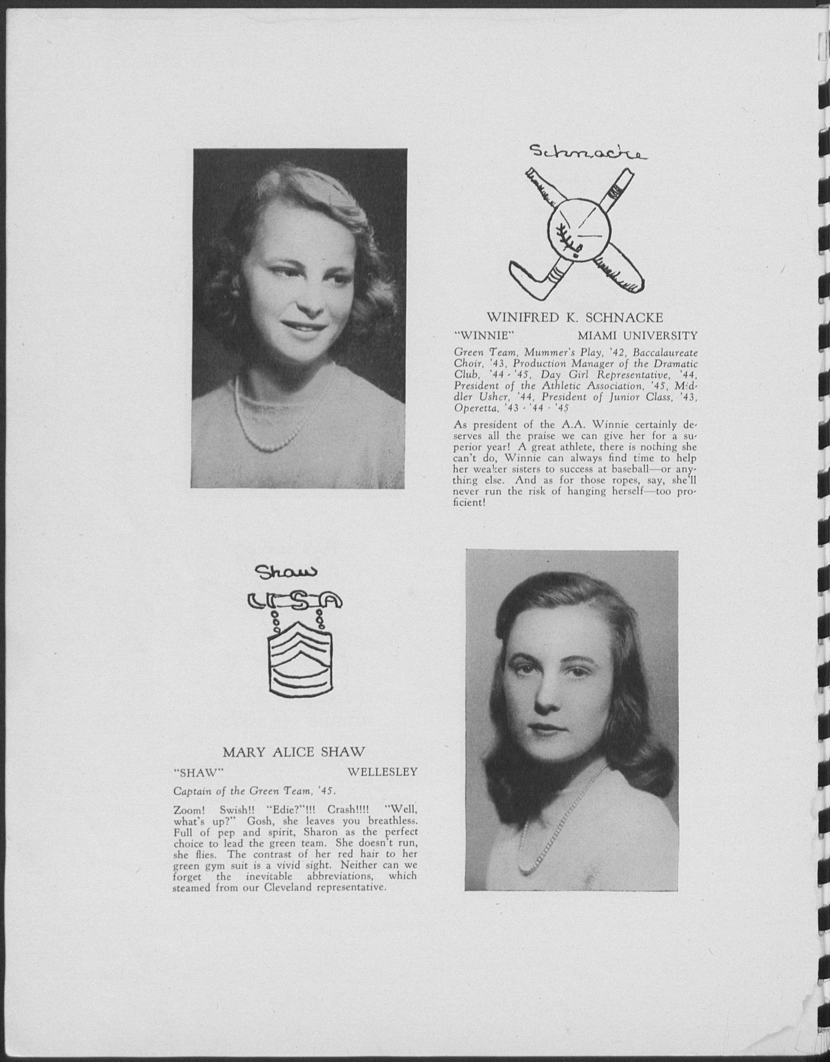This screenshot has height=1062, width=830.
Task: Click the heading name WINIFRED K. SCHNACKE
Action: (x=575, y=318)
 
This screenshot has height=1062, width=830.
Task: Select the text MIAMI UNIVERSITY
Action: (x=637, y=336)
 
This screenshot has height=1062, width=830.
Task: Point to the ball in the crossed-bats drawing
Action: (x=579, y=228)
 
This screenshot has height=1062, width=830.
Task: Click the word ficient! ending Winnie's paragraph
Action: (x=469, y=502)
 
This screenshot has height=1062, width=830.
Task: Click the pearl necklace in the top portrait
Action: (x=265, y=428)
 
